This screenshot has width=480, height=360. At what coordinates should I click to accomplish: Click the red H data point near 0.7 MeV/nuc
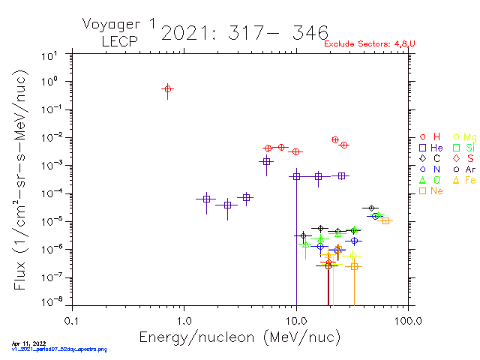click(x=168, y=89)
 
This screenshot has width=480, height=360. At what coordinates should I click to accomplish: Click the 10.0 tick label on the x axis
click(x=296, y=320)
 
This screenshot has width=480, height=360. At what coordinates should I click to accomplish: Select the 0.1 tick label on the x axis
click(x=71, y=320)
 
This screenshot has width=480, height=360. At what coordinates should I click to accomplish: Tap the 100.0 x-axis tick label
click(x=407, y=320)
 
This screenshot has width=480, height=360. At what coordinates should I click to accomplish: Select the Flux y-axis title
click(x=18, y=180)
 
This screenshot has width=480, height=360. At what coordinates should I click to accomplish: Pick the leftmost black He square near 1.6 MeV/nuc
click(x=206, y=199)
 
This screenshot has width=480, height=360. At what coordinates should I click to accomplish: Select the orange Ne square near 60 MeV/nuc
click(x=385, y=220)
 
